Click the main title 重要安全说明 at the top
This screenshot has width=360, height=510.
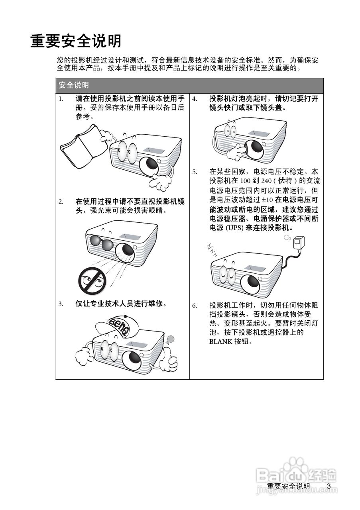click(76, 41)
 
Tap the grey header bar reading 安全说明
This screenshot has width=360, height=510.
click(190, 85)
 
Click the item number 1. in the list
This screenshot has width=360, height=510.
click(61, 99)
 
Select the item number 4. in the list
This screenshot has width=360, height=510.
click(195, 99)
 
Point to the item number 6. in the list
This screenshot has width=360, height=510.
click(195, 306)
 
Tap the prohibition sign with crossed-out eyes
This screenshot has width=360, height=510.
click(92, 280)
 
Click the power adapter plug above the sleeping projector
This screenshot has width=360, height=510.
click(299, 243)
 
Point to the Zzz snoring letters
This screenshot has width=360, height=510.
click(212, 250)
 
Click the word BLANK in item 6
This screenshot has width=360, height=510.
click(220, 341)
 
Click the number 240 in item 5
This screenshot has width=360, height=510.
click(266, 181)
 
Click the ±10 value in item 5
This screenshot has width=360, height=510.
click(267, 200)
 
